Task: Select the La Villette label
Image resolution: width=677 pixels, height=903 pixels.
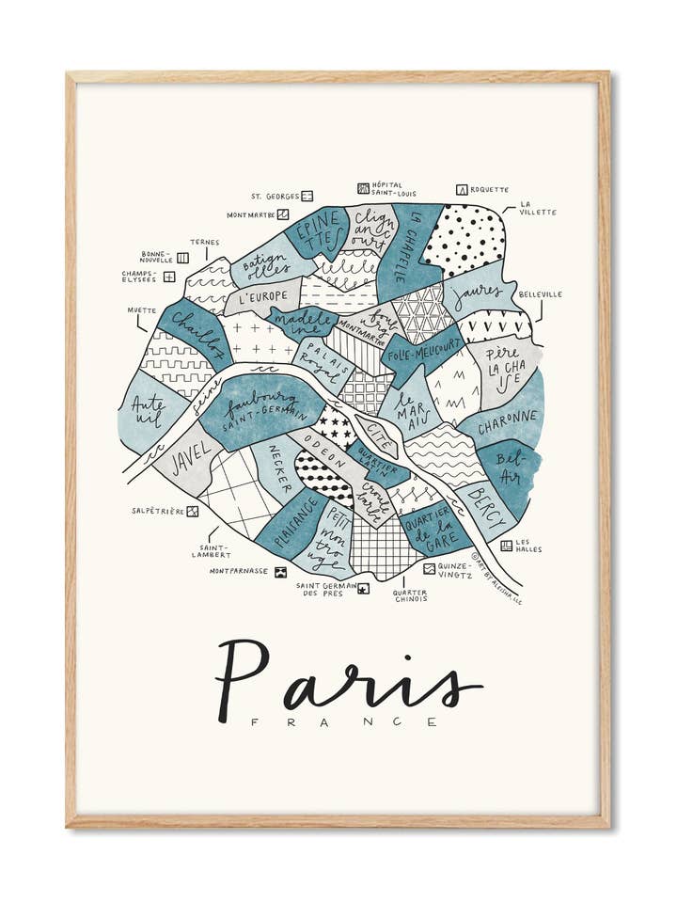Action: pos(538,208)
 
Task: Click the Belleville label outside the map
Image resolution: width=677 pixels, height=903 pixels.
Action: pos(540,294)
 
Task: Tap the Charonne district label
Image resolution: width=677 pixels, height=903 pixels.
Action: pos(508,415)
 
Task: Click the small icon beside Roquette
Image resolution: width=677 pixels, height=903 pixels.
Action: pos(462,190)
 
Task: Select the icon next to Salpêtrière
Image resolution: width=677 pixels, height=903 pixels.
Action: pos(193,512)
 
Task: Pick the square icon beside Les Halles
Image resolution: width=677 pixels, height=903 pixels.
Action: pos(506,545)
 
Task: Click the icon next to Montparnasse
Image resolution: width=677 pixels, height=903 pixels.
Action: pos(280,571)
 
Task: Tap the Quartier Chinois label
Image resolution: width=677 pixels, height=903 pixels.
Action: pos(410,596)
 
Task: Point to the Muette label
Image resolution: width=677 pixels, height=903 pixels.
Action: pos(143,309)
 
